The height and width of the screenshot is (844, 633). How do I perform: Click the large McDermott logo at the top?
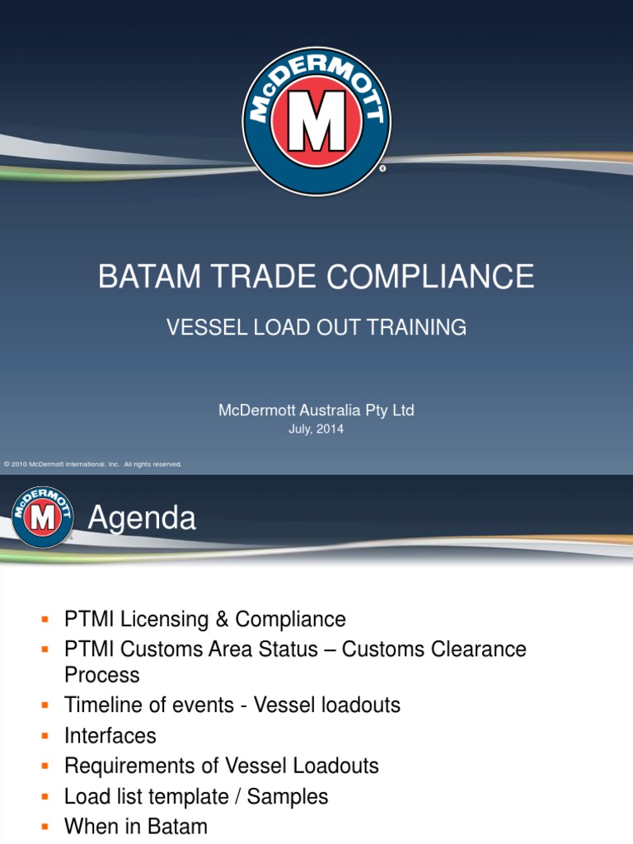pos(316,121)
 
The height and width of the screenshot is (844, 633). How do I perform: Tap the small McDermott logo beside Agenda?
pos(42,517)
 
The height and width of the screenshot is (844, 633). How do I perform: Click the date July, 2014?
pos(316,429)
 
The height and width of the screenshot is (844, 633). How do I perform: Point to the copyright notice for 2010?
pos(92,464)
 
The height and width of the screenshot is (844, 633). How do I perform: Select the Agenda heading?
pos(142,518)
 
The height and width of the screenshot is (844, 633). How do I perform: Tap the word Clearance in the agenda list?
pos(475,649)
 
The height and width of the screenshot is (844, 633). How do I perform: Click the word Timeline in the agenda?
pos(105,705)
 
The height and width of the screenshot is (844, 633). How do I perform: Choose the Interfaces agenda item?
pos(110,735)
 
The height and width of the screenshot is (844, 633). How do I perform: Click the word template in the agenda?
pos(195,796)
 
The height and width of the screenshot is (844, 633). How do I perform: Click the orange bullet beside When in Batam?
pos(46,826)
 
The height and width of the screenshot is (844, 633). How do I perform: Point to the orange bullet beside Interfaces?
pos(46,735)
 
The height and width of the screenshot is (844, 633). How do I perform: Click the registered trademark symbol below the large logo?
pos(382,168)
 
